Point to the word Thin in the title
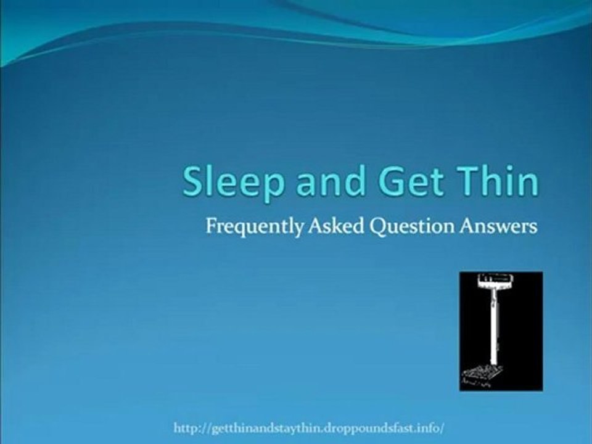pyautogui.click(x=494, y=182)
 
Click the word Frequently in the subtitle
pyautogui.click(x=253, y=228)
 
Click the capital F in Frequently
pyautogui.click(x=210, y=226)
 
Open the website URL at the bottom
pyautogui.click(x=309, y=427)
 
